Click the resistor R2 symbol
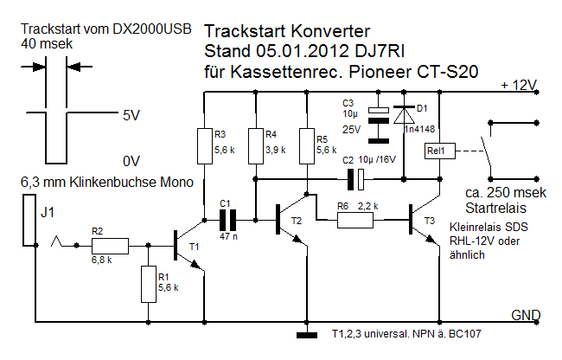[x=110, y=246]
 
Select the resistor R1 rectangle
[x=148, y=284]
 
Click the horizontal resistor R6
[x=354, y=220]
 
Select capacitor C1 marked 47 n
[x=227, y=216]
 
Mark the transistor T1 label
[x=194, y=247]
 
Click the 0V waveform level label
[x=131, y=161]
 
